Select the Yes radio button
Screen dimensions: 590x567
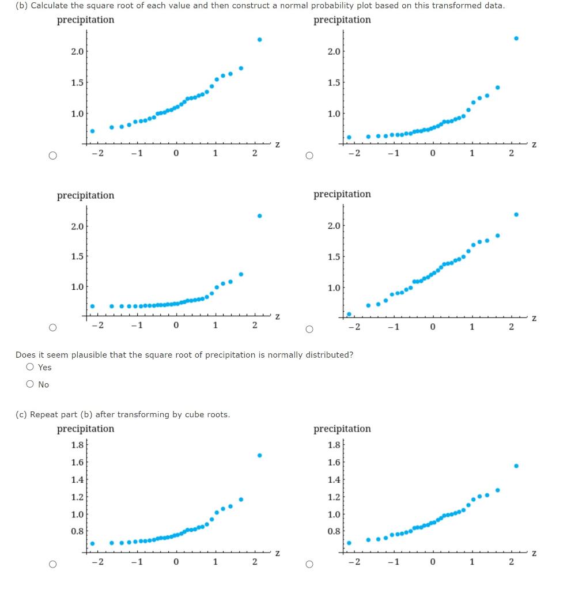point(29,367)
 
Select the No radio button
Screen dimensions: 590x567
point(29,384)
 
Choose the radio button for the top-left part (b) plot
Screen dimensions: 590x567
point(52,155)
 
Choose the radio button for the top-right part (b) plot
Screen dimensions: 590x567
point(309,155)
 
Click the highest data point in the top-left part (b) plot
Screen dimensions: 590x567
point(259,39)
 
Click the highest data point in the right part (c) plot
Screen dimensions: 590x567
point(516,466)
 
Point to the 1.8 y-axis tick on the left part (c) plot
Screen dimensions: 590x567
point(77,445)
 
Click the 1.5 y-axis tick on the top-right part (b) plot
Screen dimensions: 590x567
point(333,82)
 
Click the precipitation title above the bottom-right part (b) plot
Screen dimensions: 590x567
point(342,194)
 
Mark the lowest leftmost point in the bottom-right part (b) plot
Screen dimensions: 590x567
point(349,314)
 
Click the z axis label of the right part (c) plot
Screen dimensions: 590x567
point(534,553)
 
